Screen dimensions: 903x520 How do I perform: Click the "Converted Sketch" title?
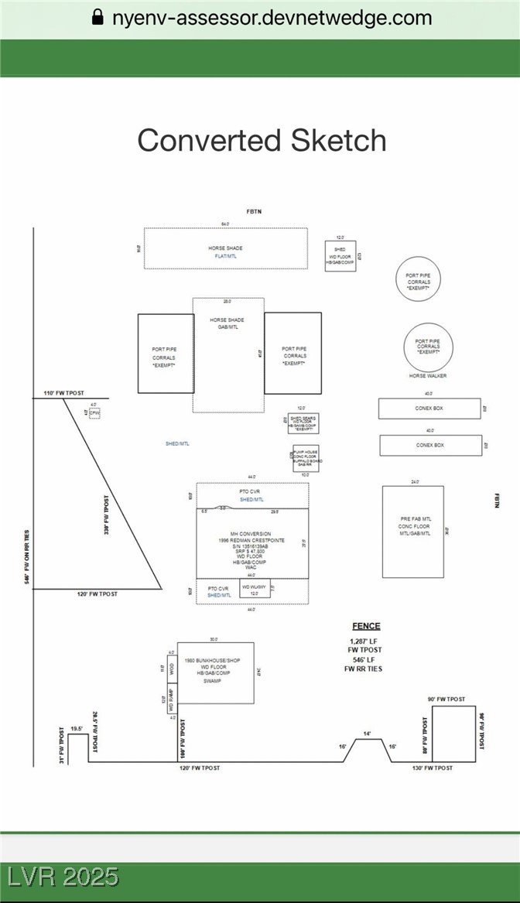(262, 140)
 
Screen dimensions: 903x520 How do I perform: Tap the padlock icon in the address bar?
(97, 17)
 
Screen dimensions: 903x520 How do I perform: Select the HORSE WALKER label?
(428, 376)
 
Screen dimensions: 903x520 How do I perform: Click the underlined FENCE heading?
(366, 626)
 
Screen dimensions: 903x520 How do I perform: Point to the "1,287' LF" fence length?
(365, 641)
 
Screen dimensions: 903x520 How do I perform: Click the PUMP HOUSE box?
(305, 458)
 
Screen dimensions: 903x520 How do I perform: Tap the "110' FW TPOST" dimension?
(63, 394)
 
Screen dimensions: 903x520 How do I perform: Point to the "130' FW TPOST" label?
(433, 768)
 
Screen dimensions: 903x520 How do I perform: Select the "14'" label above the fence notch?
(368, 734)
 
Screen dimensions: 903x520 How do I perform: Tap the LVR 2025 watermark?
(63, 877)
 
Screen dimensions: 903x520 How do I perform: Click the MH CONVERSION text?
(251, 533)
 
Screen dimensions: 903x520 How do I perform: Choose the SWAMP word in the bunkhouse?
(213, 681)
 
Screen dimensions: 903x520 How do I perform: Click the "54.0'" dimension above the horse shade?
(226, 224)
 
